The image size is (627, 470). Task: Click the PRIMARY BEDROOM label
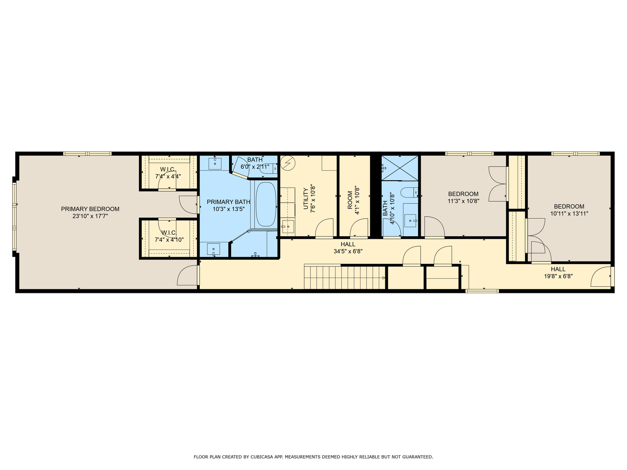(x=90, y=209)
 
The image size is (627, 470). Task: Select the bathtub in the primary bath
(x=265, y=203)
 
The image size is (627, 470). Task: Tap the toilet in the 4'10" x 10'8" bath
(x=410, y=192)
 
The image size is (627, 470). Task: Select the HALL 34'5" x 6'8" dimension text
(x=348, y=251)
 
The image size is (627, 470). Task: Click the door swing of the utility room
(x=324, y=228)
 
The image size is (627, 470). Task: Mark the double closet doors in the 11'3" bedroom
(x=498, y=184)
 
